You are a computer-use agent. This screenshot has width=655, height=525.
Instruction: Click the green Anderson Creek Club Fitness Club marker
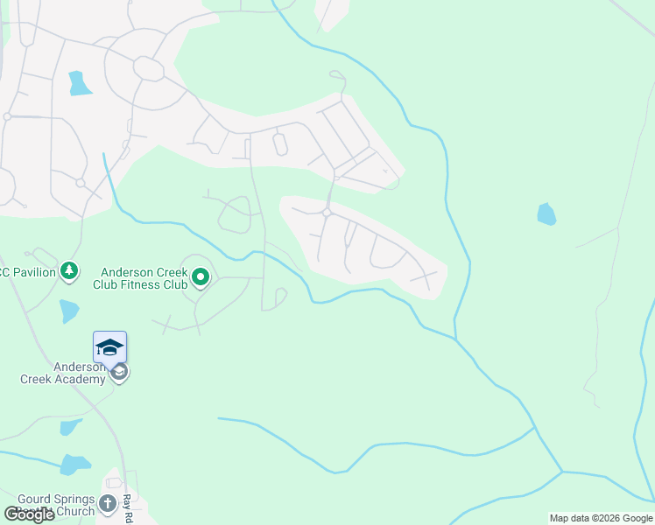[201, 277]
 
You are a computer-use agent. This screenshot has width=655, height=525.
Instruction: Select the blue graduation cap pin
[109, 346]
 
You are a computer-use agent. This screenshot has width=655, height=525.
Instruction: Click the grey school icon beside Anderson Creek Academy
[120, 373]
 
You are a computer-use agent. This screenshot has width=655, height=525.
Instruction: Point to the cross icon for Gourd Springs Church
[108, 503]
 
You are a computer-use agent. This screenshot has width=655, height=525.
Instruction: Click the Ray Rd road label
[127, 503]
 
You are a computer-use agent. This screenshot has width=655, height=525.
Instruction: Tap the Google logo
[30, 514]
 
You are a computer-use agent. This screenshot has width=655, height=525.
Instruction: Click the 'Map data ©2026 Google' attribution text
[601, 518]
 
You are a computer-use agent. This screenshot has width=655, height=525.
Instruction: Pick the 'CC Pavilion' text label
[28, 272]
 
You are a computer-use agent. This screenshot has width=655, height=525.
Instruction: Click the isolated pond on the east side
[546, 214]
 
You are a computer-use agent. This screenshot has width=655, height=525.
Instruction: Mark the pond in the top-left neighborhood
[80, 83]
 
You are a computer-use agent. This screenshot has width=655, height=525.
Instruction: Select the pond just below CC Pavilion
[69, 311]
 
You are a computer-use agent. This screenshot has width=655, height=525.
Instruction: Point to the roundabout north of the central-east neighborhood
[326, 213]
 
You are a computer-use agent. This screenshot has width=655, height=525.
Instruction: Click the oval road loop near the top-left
[149, 68]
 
